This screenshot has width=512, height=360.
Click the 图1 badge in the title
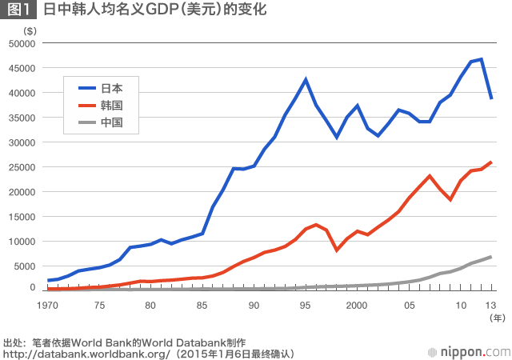(x=20, y=11)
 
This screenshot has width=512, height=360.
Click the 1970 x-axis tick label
(x=47, y=306)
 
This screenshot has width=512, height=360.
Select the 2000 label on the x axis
(x=357, y=306)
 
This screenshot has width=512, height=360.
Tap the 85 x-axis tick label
(x=202, y=306)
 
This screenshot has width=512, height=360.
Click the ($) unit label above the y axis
(x=30, y=30)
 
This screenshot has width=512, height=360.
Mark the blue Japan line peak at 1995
(x=306, y=79)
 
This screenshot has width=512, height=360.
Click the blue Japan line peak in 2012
(x=482, y=59)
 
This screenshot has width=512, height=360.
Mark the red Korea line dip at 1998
(x=337, y=250)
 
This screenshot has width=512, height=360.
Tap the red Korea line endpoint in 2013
(x=491, y=162)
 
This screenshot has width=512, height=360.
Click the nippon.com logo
(x=467, y=350)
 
